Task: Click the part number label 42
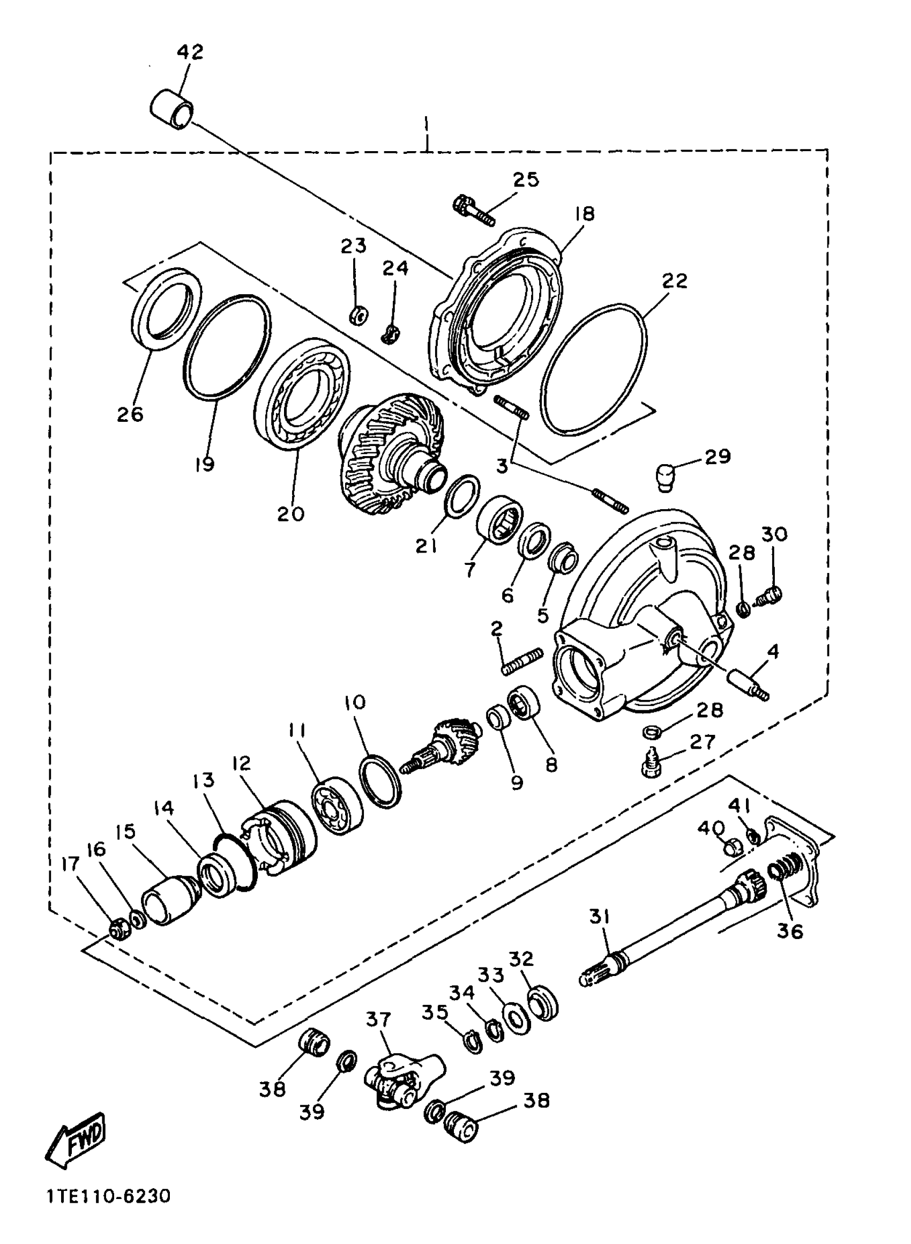190,52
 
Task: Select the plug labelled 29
666,476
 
